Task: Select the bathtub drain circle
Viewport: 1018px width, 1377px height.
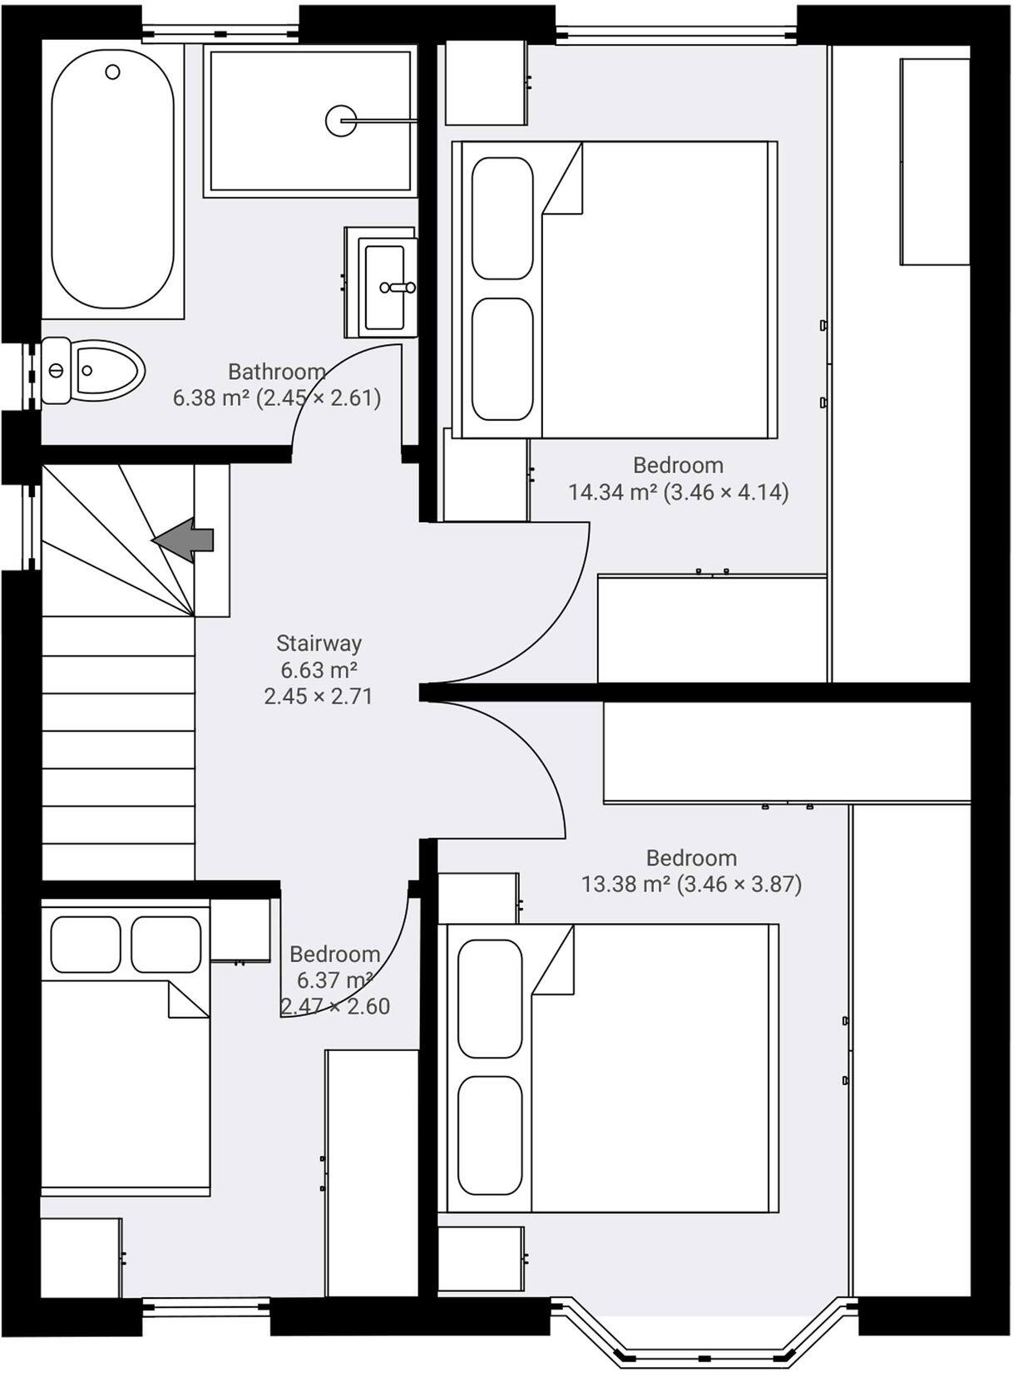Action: click(112, 72)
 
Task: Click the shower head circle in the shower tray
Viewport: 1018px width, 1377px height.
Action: click(341, 121)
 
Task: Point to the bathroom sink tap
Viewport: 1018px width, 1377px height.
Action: click(398, 288)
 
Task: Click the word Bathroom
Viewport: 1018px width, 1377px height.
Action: click(276, 372)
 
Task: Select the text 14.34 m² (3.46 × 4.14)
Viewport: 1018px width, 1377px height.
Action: click(678, 492)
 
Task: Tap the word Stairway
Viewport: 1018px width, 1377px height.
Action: click(319, 643)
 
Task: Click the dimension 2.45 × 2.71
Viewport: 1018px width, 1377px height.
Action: click(319, 696)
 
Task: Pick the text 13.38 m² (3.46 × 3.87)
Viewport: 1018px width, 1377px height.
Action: click(691, 884)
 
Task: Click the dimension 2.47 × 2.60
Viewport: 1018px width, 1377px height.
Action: click(335, 1006)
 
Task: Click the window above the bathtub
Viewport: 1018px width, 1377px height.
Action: click(220, 34)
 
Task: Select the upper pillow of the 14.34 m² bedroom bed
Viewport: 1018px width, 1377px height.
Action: click(502, 218)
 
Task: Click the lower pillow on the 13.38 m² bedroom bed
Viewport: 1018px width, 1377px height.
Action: click(490, 1135)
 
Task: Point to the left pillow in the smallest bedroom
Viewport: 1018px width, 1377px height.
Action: click(85, 945)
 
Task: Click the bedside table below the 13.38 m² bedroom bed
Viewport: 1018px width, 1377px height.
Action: click(481, 1259)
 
